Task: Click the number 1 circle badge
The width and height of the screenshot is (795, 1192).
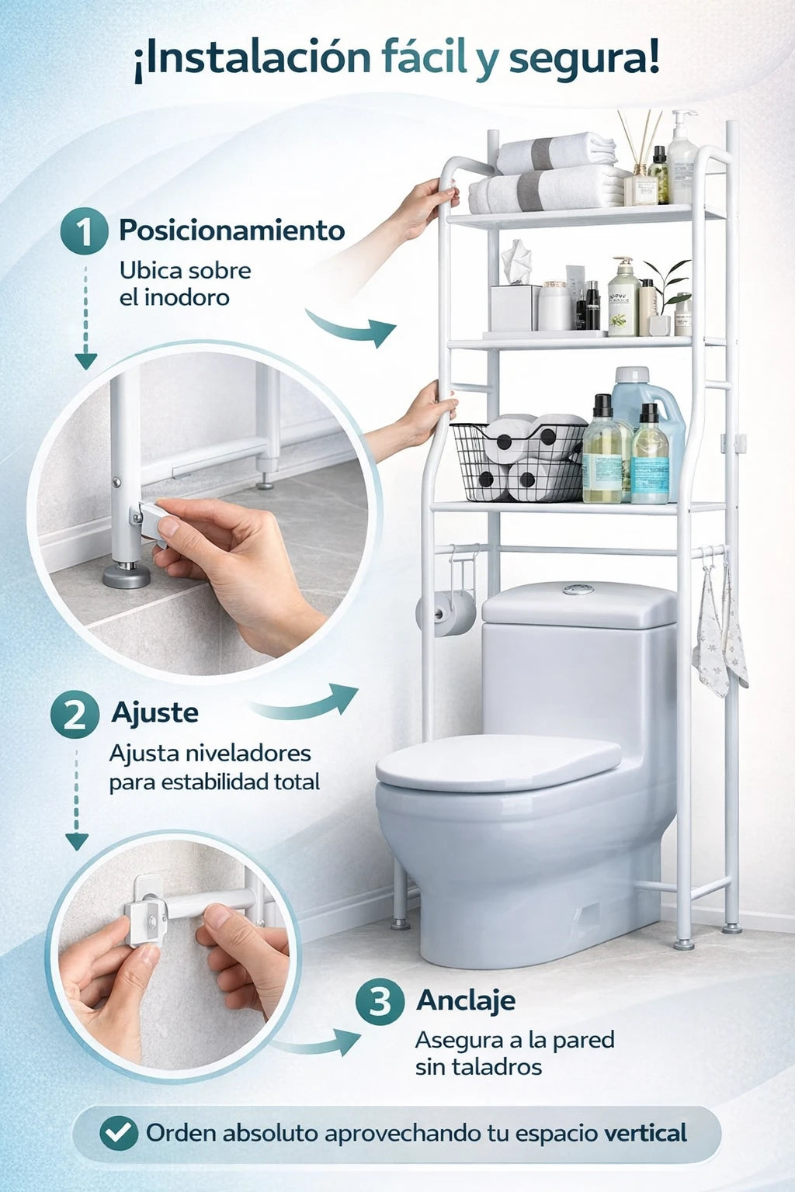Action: click(x=84, y=231)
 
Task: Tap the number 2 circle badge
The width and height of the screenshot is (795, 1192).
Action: click(x=75, y=714)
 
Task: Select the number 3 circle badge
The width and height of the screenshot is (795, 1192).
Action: click(x=380, y=1002)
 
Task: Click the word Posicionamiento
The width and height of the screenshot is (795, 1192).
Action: click(x=231, y=230)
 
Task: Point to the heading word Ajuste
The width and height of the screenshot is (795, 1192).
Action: click(x=155, y=712)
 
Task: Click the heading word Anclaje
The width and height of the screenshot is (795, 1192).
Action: click(x=466, y=1001)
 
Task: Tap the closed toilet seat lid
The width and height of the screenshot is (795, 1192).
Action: click(x=498, y=762)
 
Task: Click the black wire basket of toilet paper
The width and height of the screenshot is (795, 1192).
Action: click(x=518, y=462)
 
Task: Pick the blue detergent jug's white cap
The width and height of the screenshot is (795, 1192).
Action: click(x=631, y=375)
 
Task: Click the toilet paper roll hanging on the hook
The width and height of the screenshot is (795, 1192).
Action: click(x=446, y=614)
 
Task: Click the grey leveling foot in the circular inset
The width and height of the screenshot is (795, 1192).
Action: click(x=127, y=576)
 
